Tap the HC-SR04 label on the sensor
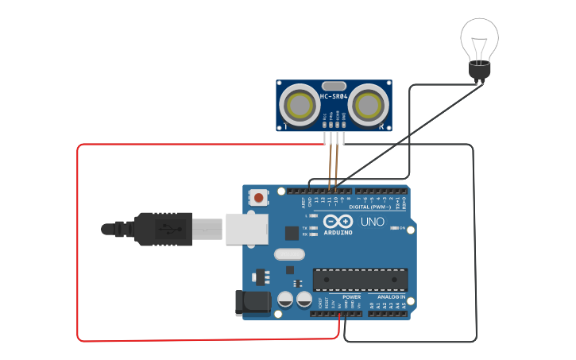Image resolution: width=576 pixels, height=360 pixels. tap(334, 97)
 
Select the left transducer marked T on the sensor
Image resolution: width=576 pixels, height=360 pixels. tap(300, 104)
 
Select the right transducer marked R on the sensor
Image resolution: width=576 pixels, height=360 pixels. tap(368, 104)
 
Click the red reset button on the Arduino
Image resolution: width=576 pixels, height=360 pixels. tap(259, 196)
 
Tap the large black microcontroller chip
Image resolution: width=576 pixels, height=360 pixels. tap(360, 280)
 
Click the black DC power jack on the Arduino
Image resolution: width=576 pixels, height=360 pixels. tap(249, 304)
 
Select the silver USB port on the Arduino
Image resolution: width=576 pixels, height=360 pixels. tap(246, 228)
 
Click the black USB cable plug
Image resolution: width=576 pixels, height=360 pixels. tap(163, 229)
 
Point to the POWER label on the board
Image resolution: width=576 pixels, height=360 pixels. tap(351, 296)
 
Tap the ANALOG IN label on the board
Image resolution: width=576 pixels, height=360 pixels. tap(391, 296)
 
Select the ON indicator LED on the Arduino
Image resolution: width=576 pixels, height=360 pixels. tap(394, 228)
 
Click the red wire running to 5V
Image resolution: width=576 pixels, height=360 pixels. tap(78, 238)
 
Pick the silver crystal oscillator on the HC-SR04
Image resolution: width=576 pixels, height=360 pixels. tap(334, 85)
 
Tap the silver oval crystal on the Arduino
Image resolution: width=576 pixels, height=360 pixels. tap(288, 255)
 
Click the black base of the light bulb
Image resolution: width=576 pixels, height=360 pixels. tap(479, 72)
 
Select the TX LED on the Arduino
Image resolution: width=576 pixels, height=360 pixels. tap(315, 228)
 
